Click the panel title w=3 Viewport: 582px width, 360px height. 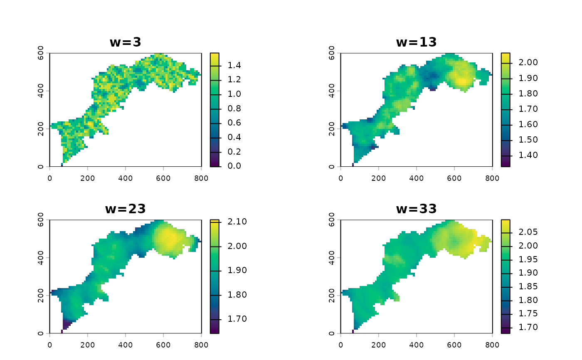(x=126, y=42)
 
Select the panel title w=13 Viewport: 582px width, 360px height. (x=416, y=42)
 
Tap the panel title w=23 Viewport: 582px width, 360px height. (x=126, y=208)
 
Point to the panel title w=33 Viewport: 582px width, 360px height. (x=416, y=208)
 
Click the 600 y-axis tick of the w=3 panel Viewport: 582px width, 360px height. (x=41, y=54)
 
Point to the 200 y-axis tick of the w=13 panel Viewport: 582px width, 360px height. (x=332, y=129)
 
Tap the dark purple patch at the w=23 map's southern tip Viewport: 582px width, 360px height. (x=67, y=324)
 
